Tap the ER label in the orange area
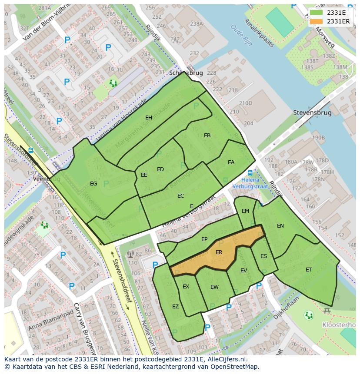point(219,252)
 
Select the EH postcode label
point(149,118)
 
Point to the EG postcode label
point(93,184)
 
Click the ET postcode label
point(309,270)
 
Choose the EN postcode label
point(280,226)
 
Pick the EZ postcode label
point(175,307)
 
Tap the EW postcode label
point(214,287)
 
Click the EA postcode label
point(231,162)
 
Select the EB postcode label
point(207,136)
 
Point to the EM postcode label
point(246,211)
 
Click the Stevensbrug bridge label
point(312,113)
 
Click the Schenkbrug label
point(186,73)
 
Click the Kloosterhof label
point(339,325)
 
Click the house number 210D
point(245,103)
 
